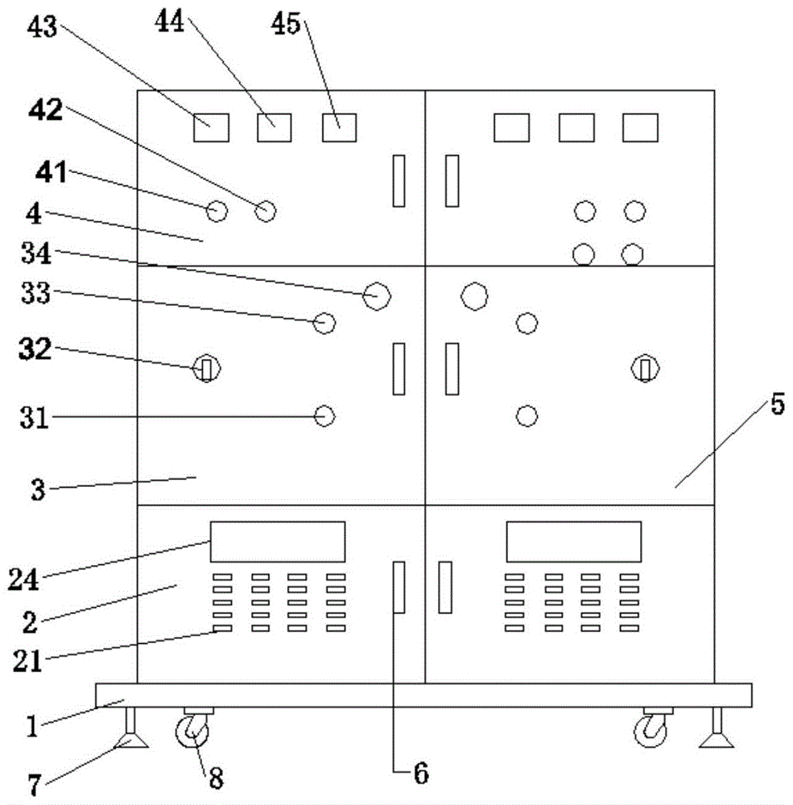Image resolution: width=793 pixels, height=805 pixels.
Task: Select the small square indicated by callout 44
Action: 274,127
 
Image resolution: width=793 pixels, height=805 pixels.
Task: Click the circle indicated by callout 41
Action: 216,212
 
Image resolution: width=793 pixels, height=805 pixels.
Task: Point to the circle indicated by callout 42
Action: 265,212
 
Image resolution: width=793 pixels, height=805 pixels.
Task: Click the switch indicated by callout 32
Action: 207,369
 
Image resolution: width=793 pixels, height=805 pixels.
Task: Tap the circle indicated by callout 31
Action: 324,416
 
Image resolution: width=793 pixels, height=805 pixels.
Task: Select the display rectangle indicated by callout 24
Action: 278,541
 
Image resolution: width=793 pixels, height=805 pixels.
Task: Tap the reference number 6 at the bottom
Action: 420,774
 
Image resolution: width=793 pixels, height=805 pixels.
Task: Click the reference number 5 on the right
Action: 776,405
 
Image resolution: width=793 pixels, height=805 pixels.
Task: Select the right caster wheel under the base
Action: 651,731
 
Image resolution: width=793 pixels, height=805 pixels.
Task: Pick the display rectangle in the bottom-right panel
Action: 573,541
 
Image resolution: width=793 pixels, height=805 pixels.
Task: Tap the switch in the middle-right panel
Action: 646,369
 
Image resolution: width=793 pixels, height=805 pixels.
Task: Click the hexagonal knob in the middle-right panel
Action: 474,295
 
